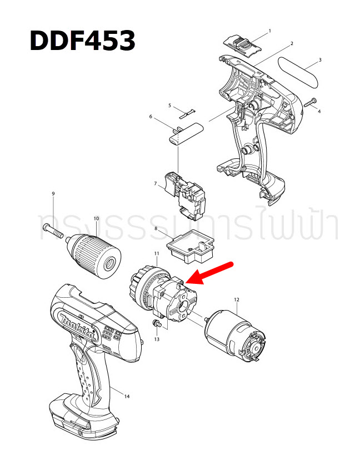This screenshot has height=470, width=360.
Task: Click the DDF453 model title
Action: (82, 41)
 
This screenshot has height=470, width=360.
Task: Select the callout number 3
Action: (320, 59)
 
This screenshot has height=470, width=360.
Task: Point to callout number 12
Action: (236, 299)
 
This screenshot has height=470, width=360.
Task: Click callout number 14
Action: (127, 396)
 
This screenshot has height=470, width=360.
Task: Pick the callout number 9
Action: (53, 193)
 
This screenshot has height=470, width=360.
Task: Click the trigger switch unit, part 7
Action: (184, 192)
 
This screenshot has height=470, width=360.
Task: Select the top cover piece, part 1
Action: (242, 43)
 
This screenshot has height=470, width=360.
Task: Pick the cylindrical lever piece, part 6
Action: (186, 134)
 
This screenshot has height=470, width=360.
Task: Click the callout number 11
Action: (157, 253)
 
